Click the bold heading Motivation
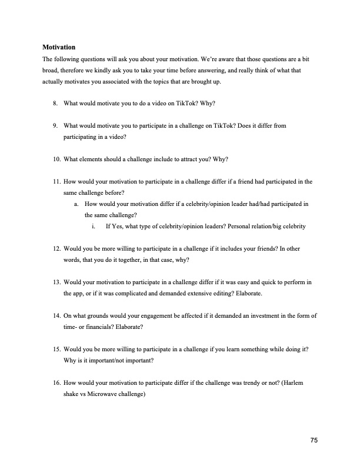coord(59,46)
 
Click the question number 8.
coord(54,104)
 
